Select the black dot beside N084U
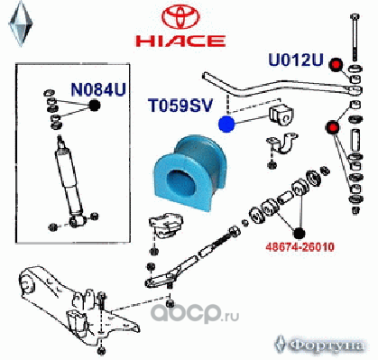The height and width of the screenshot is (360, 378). [x=95, y=106]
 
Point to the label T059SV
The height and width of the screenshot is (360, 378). [x=180, y=105]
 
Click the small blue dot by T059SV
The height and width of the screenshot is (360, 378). [x=228, y=125]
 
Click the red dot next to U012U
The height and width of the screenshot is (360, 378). [x=337, y=65]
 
